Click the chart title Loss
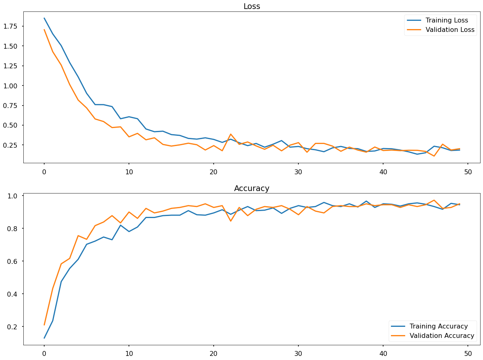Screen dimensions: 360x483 pos(251,6)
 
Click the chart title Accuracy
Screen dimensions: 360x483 pos(251,189)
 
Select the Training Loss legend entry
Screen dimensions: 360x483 pos(447,20)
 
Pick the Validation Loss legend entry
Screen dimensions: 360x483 pos(450,30)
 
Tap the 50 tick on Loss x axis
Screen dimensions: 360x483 pos(468,172)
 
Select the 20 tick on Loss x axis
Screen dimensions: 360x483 pos(214,172)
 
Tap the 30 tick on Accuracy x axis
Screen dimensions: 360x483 pos(298,354)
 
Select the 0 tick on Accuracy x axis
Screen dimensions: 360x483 pos(44,354)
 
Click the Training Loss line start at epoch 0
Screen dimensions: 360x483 pos(44,18)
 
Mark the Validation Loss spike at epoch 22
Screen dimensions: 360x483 pos(230,134)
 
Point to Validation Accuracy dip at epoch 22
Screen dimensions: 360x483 pos(230,221)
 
